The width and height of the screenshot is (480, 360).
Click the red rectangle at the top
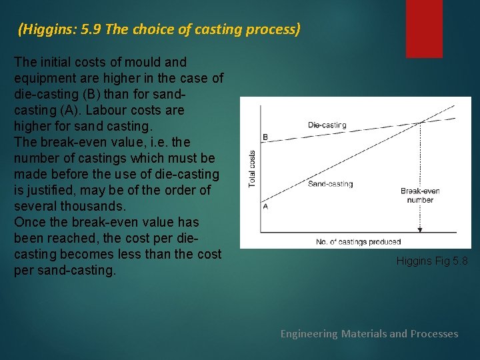[424, 28]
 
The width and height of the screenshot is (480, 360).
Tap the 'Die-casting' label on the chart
[327, 125]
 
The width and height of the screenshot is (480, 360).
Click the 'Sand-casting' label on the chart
[330, 184]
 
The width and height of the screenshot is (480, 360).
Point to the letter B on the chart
[265, 137]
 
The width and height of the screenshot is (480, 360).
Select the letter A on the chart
[265, 206]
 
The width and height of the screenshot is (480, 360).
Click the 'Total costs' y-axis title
[252, 168]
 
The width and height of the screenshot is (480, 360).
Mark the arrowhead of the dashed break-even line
[420, 229]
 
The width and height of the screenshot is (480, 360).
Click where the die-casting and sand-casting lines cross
[420, 122]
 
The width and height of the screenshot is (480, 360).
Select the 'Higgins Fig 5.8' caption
[432, 261]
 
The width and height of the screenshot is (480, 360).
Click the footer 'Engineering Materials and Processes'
[369, 333]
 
